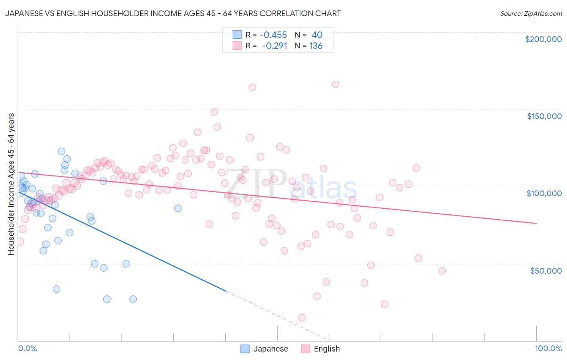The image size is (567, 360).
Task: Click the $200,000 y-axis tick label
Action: click(543, 39)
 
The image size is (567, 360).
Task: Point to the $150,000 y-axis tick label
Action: click(544, 116)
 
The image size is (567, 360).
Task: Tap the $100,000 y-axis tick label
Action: click(544, 193)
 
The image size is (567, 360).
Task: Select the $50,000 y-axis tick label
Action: click(546, 270)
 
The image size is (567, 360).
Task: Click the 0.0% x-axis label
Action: click(27, 348)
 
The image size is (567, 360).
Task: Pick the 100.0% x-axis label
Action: click(548, 348)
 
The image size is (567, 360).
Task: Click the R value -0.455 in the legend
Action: click(273, 35)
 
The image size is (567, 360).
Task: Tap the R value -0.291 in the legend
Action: click(274, 46)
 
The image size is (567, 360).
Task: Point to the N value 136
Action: click(316, 46)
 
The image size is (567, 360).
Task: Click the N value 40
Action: click(317, 35)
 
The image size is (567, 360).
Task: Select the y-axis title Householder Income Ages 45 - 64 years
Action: click(11, 184)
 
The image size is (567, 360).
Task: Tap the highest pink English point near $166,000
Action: click(336, 84)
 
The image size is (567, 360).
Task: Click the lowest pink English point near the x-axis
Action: click(302, 318)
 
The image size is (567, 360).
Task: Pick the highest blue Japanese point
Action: click(61, 151)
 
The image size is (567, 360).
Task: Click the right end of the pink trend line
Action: click(536, 223)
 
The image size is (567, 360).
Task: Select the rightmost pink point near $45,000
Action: click(442, 271)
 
